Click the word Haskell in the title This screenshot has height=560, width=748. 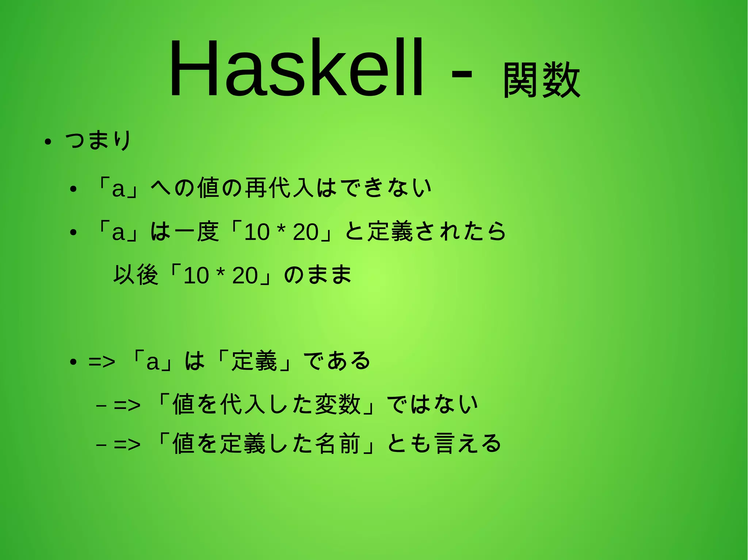296,69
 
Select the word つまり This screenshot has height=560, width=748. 98,140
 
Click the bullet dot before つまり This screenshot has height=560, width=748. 47,142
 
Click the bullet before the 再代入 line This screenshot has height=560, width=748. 73,189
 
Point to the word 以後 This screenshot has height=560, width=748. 136,275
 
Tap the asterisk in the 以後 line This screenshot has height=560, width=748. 220,273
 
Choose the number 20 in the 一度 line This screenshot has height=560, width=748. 305,232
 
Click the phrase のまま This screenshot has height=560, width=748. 317,275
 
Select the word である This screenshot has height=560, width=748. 337,361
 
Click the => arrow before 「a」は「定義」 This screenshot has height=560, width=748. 102,362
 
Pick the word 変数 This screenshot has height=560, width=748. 338,405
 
